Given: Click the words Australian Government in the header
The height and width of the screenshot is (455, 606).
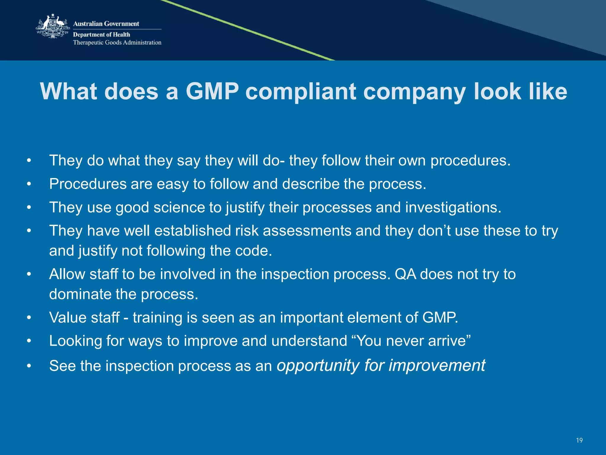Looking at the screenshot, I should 106,24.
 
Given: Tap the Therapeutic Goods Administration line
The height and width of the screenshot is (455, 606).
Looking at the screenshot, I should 117,42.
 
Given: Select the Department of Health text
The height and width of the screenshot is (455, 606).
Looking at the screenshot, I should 101,34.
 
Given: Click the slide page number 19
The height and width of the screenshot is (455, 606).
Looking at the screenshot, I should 579,440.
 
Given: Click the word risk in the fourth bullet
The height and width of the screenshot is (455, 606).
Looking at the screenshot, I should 246,231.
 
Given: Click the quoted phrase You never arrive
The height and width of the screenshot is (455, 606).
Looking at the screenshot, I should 414,341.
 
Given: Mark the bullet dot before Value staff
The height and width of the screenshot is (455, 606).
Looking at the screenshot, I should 29,318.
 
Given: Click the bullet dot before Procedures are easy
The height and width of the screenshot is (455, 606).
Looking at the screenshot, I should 29,184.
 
